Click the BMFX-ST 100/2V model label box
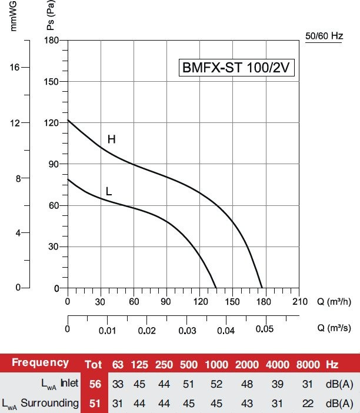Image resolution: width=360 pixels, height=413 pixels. click(x=236, y=68)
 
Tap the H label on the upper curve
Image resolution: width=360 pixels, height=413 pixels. click(x=111, y=139)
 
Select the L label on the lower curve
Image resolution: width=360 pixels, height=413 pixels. click(x=109, y=191)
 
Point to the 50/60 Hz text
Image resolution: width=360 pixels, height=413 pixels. click(x=324, y=36)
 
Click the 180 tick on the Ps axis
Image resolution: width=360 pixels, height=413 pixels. click(x=52, y=40)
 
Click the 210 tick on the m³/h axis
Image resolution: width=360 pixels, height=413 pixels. click(x=299, y=302)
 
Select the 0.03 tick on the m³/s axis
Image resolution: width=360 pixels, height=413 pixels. click(x=186, y=331)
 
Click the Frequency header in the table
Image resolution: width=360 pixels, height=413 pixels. click(x=40, y=363)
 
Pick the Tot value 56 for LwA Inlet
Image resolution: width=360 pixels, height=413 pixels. click(x=95, y=384)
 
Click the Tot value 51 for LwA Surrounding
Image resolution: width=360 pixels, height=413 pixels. click(x=95, y=403)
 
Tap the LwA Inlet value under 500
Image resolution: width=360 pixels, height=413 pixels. click(x=190, y=384)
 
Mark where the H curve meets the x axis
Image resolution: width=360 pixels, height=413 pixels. click(x=262, y=288)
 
